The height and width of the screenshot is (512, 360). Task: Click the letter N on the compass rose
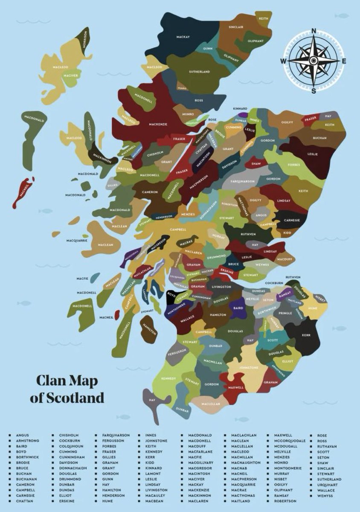pyautogui.click(x=314, y=30)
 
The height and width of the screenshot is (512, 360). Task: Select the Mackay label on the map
pyautogui.click(x=183, y=37)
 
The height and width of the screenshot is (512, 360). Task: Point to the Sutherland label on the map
pyautogui.click(x=199, y=72)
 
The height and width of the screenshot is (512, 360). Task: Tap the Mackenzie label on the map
pyautogui.click(x=158, y=124)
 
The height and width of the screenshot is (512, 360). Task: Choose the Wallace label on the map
pyautogui.click(x=187, y=317)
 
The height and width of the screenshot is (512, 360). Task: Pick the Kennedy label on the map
pyautogui.click(x=169, y=378)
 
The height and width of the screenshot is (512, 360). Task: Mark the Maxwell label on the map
pyautogui.click(x=235, y=388)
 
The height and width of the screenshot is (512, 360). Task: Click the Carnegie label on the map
pyautogui.click(x=292, y=220)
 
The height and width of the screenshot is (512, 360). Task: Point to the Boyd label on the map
pyautogui.click(x=171, y=294)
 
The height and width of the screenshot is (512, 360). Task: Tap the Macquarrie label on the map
pyautogui.click(x=77, y=241)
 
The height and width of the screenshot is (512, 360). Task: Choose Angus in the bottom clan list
pyautogui.click(x=22, y=435)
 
